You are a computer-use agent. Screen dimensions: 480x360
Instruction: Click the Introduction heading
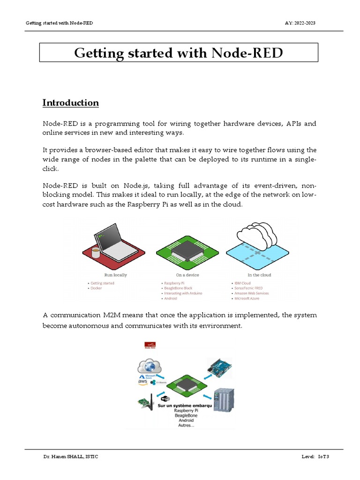70,103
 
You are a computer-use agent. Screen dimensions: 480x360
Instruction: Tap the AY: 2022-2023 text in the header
303,23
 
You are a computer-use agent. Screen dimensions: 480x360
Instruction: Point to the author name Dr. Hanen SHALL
71,456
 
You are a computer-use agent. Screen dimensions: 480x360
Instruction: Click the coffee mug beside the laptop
96,253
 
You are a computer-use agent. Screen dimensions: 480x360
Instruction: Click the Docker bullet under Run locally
96,288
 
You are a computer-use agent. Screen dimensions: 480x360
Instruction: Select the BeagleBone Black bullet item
178,288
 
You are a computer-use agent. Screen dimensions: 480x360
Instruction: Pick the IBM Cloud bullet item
242,283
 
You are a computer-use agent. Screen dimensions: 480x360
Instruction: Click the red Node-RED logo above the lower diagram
150,345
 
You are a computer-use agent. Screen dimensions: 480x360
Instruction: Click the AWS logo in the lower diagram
142,382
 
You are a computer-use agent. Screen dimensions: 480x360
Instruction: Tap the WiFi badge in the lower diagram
165,399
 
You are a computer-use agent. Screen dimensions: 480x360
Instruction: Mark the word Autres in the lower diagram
186,426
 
